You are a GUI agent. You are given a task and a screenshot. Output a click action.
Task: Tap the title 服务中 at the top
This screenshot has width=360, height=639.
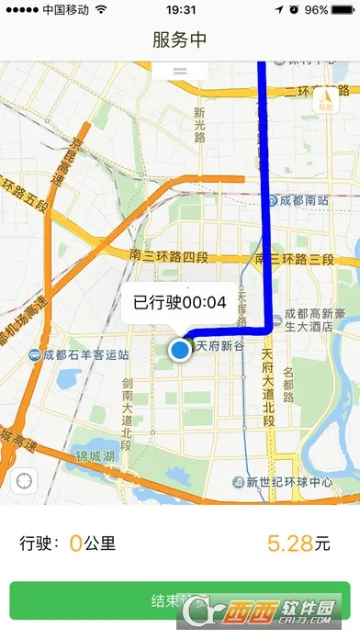tap(179, 40)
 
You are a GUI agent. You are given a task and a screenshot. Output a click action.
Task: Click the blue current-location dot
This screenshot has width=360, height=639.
tap(180, 350)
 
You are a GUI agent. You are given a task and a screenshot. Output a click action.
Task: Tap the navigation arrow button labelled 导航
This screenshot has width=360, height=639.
tap(326, 101)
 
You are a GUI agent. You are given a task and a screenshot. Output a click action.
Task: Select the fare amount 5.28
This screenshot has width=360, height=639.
tap(289, 544)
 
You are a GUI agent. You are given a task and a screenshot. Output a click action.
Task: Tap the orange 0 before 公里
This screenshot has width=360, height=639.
tap(75, 544)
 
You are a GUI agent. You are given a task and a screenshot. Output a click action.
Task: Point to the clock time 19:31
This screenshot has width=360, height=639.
tap(180, 9)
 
